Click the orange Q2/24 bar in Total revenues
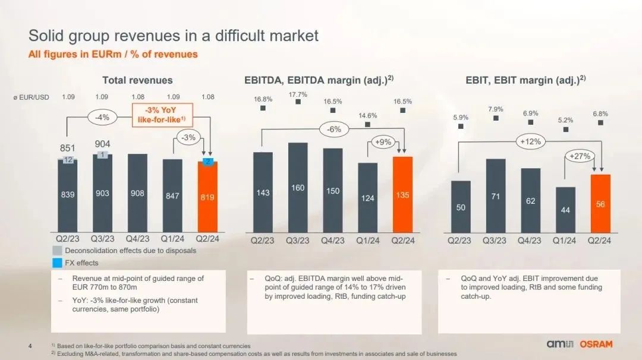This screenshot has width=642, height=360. tap(207, 198)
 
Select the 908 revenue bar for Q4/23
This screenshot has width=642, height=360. tap(137, 193)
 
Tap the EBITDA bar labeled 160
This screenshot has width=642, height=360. tap(298, 188)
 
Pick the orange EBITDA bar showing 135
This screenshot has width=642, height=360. tap(402, 195)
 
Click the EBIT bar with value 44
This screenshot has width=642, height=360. tap(565, 210)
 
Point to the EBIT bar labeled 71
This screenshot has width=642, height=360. tap(495, 196)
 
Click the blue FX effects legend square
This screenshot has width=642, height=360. tap(57, 263)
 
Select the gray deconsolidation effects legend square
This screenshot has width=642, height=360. tap(57, 250)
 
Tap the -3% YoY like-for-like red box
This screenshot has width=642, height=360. tap(162, 115)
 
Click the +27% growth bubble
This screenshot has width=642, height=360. tap(580, 156)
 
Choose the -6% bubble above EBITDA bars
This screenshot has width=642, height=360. tap(334, 130)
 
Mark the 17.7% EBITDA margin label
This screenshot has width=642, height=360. tap(298, 94)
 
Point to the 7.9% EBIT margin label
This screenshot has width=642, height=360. tap(495, 109)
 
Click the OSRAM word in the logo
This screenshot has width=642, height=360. tap(596, 344)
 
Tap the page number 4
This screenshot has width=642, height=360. tap(30, 346)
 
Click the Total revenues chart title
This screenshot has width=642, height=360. tap(137, 80)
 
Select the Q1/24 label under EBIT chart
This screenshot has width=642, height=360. tap(564, 241)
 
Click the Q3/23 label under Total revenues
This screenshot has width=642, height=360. tap(102, 238)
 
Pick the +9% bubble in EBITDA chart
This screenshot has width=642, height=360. tap(383, 142)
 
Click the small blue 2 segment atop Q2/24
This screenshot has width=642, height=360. tap(207, 162)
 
